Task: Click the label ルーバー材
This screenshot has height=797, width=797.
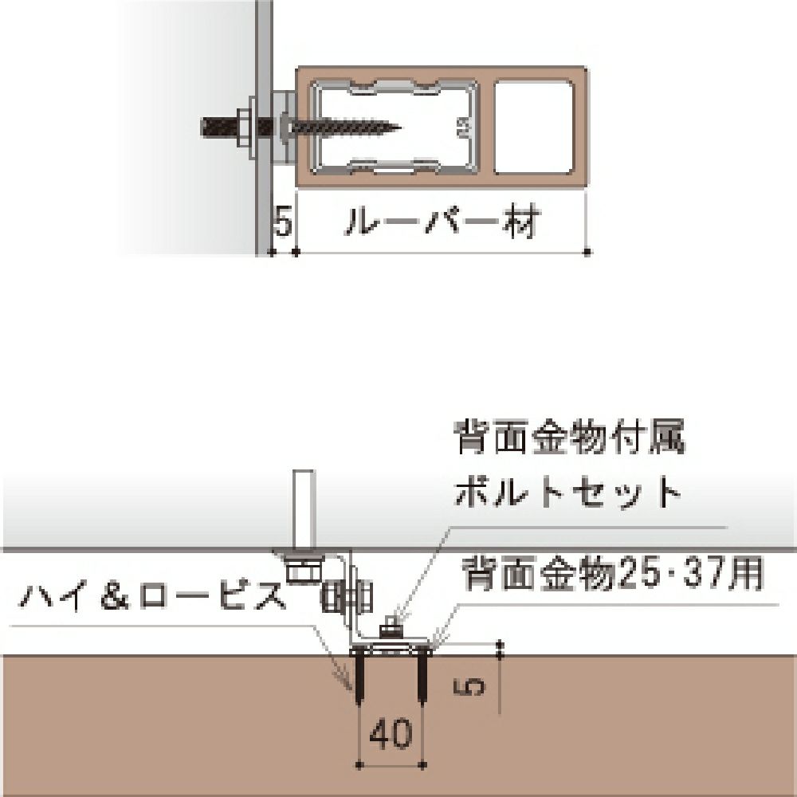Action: click(x=441, y=224)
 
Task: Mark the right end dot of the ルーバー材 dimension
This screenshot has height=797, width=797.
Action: click(x=588, y=252)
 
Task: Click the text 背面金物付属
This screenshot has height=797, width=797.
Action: click(x=570, y=438)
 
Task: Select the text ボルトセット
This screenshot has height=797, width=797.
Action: click(x=568, y=494)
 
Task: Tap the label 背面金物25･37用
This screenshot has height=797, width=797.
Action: click(x=612, y=572)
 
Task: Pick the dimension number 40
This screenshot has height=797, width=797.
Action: click(x=392, y=734)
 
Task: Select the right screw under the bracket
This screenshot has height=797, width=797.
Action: click(x=421, y=676)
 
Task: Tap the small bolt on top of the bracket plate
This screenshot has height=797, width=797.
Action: click(x=390, y=628)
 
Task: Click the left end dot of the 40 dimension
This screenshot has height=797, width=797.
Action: click(x=360, y=765)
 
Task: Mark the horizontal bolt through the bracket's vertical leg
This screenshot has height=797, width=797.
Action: click(x=346, y=595)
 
